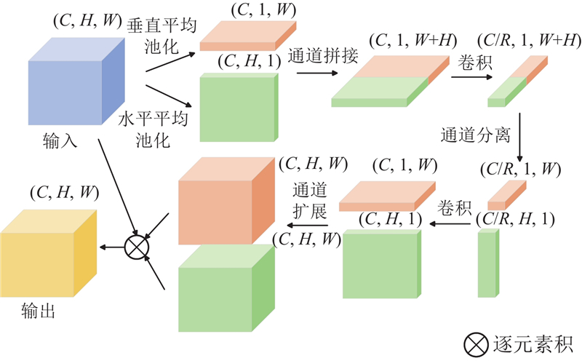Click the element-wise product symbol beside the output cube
pyautogui.click(x=137, y=247)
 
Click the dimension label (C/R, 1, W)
pyautogui.click(x=519, y=170)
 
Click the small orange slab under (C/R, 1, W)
pyautogui.click(x=506, y=195)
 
